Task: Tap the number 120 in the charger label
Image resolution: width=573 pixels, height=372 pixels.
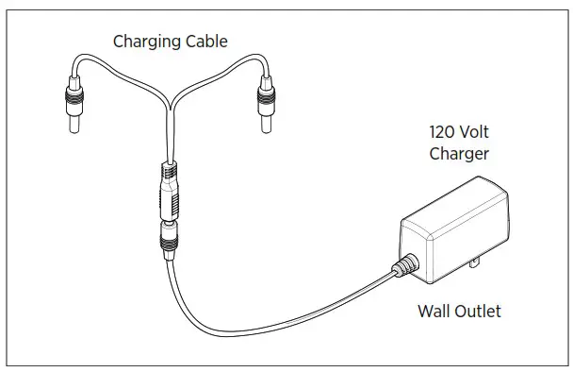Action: click(x=442, y=133)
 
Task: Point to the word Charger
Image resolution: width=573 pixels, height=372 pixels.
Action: click(x=461, y=153)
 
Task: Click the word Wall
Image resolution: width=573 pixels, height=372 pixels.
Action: click(x=436, y=310)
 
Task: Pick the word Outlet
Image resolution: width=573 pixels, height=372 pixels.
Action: click(x=481, y=310)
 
